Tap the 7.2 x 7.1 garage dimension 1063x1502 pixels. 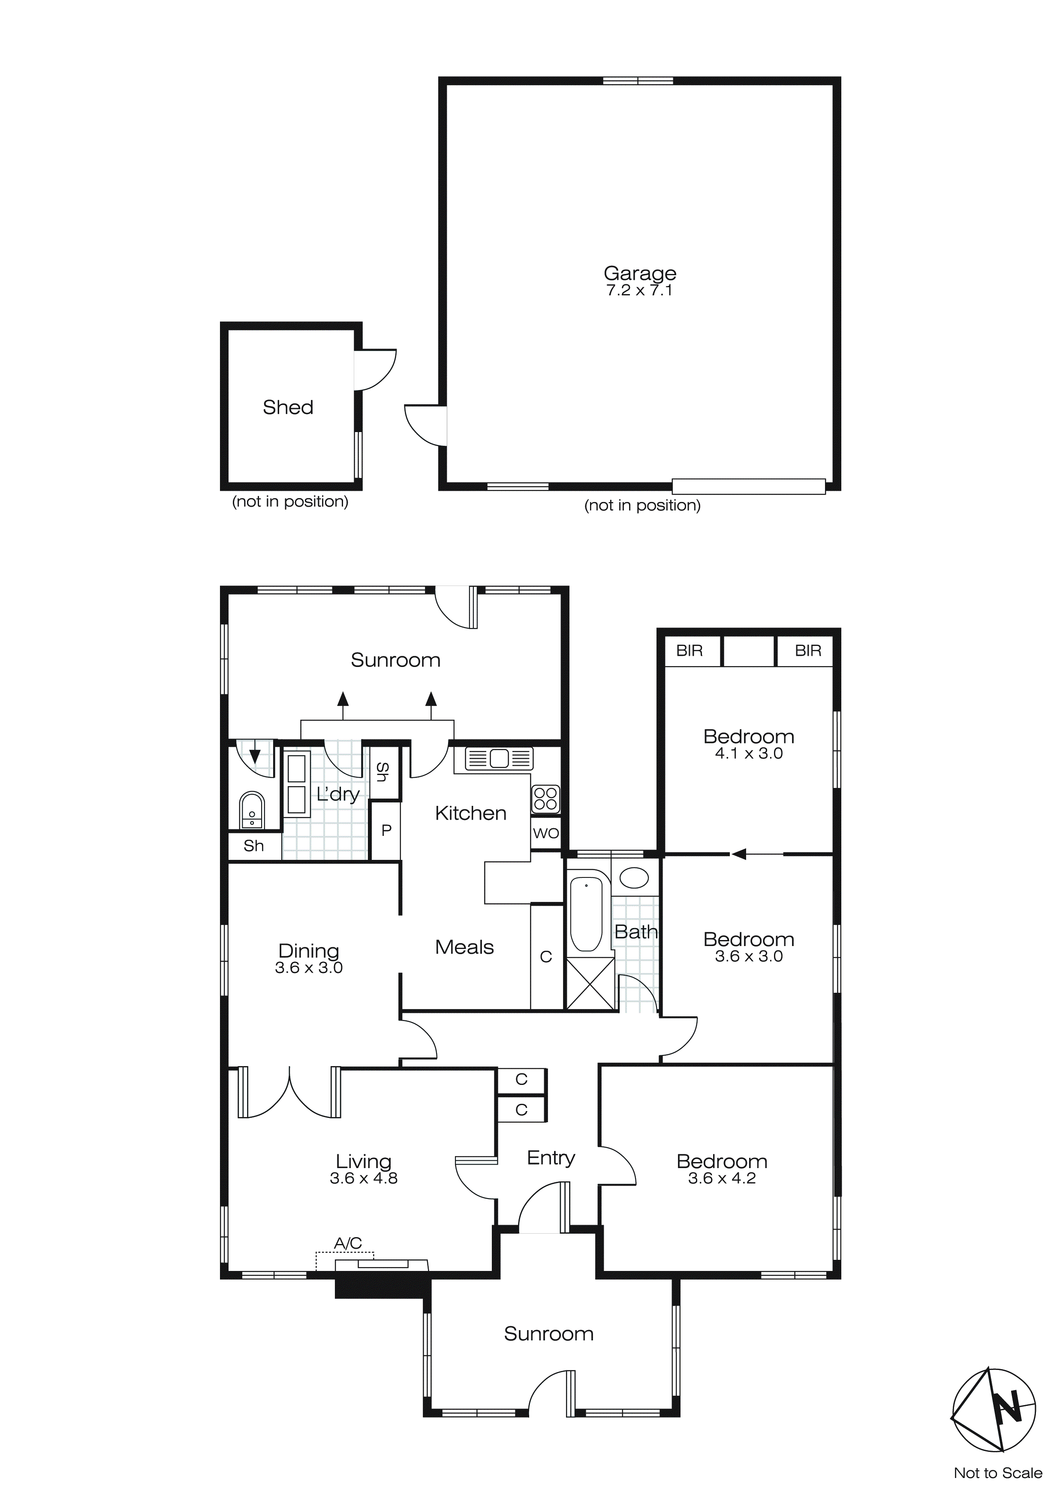639,291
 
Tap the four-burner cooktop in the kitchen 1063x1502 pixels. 545,798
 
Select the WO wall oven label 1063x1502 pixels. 546,833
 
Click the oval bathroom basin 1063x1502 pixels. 634,877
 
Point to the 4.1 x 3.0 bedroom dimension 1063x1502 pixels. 748,753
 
